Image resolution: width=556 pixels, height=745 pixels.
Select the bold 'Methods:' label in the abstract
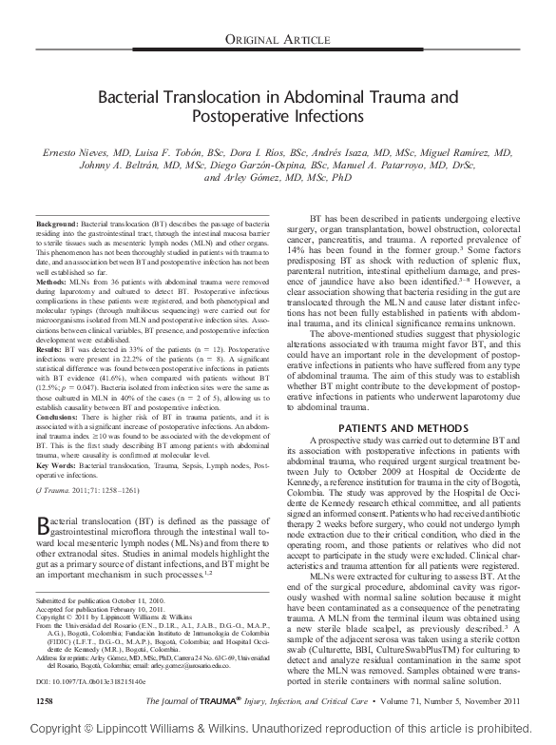pos(50,283)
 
